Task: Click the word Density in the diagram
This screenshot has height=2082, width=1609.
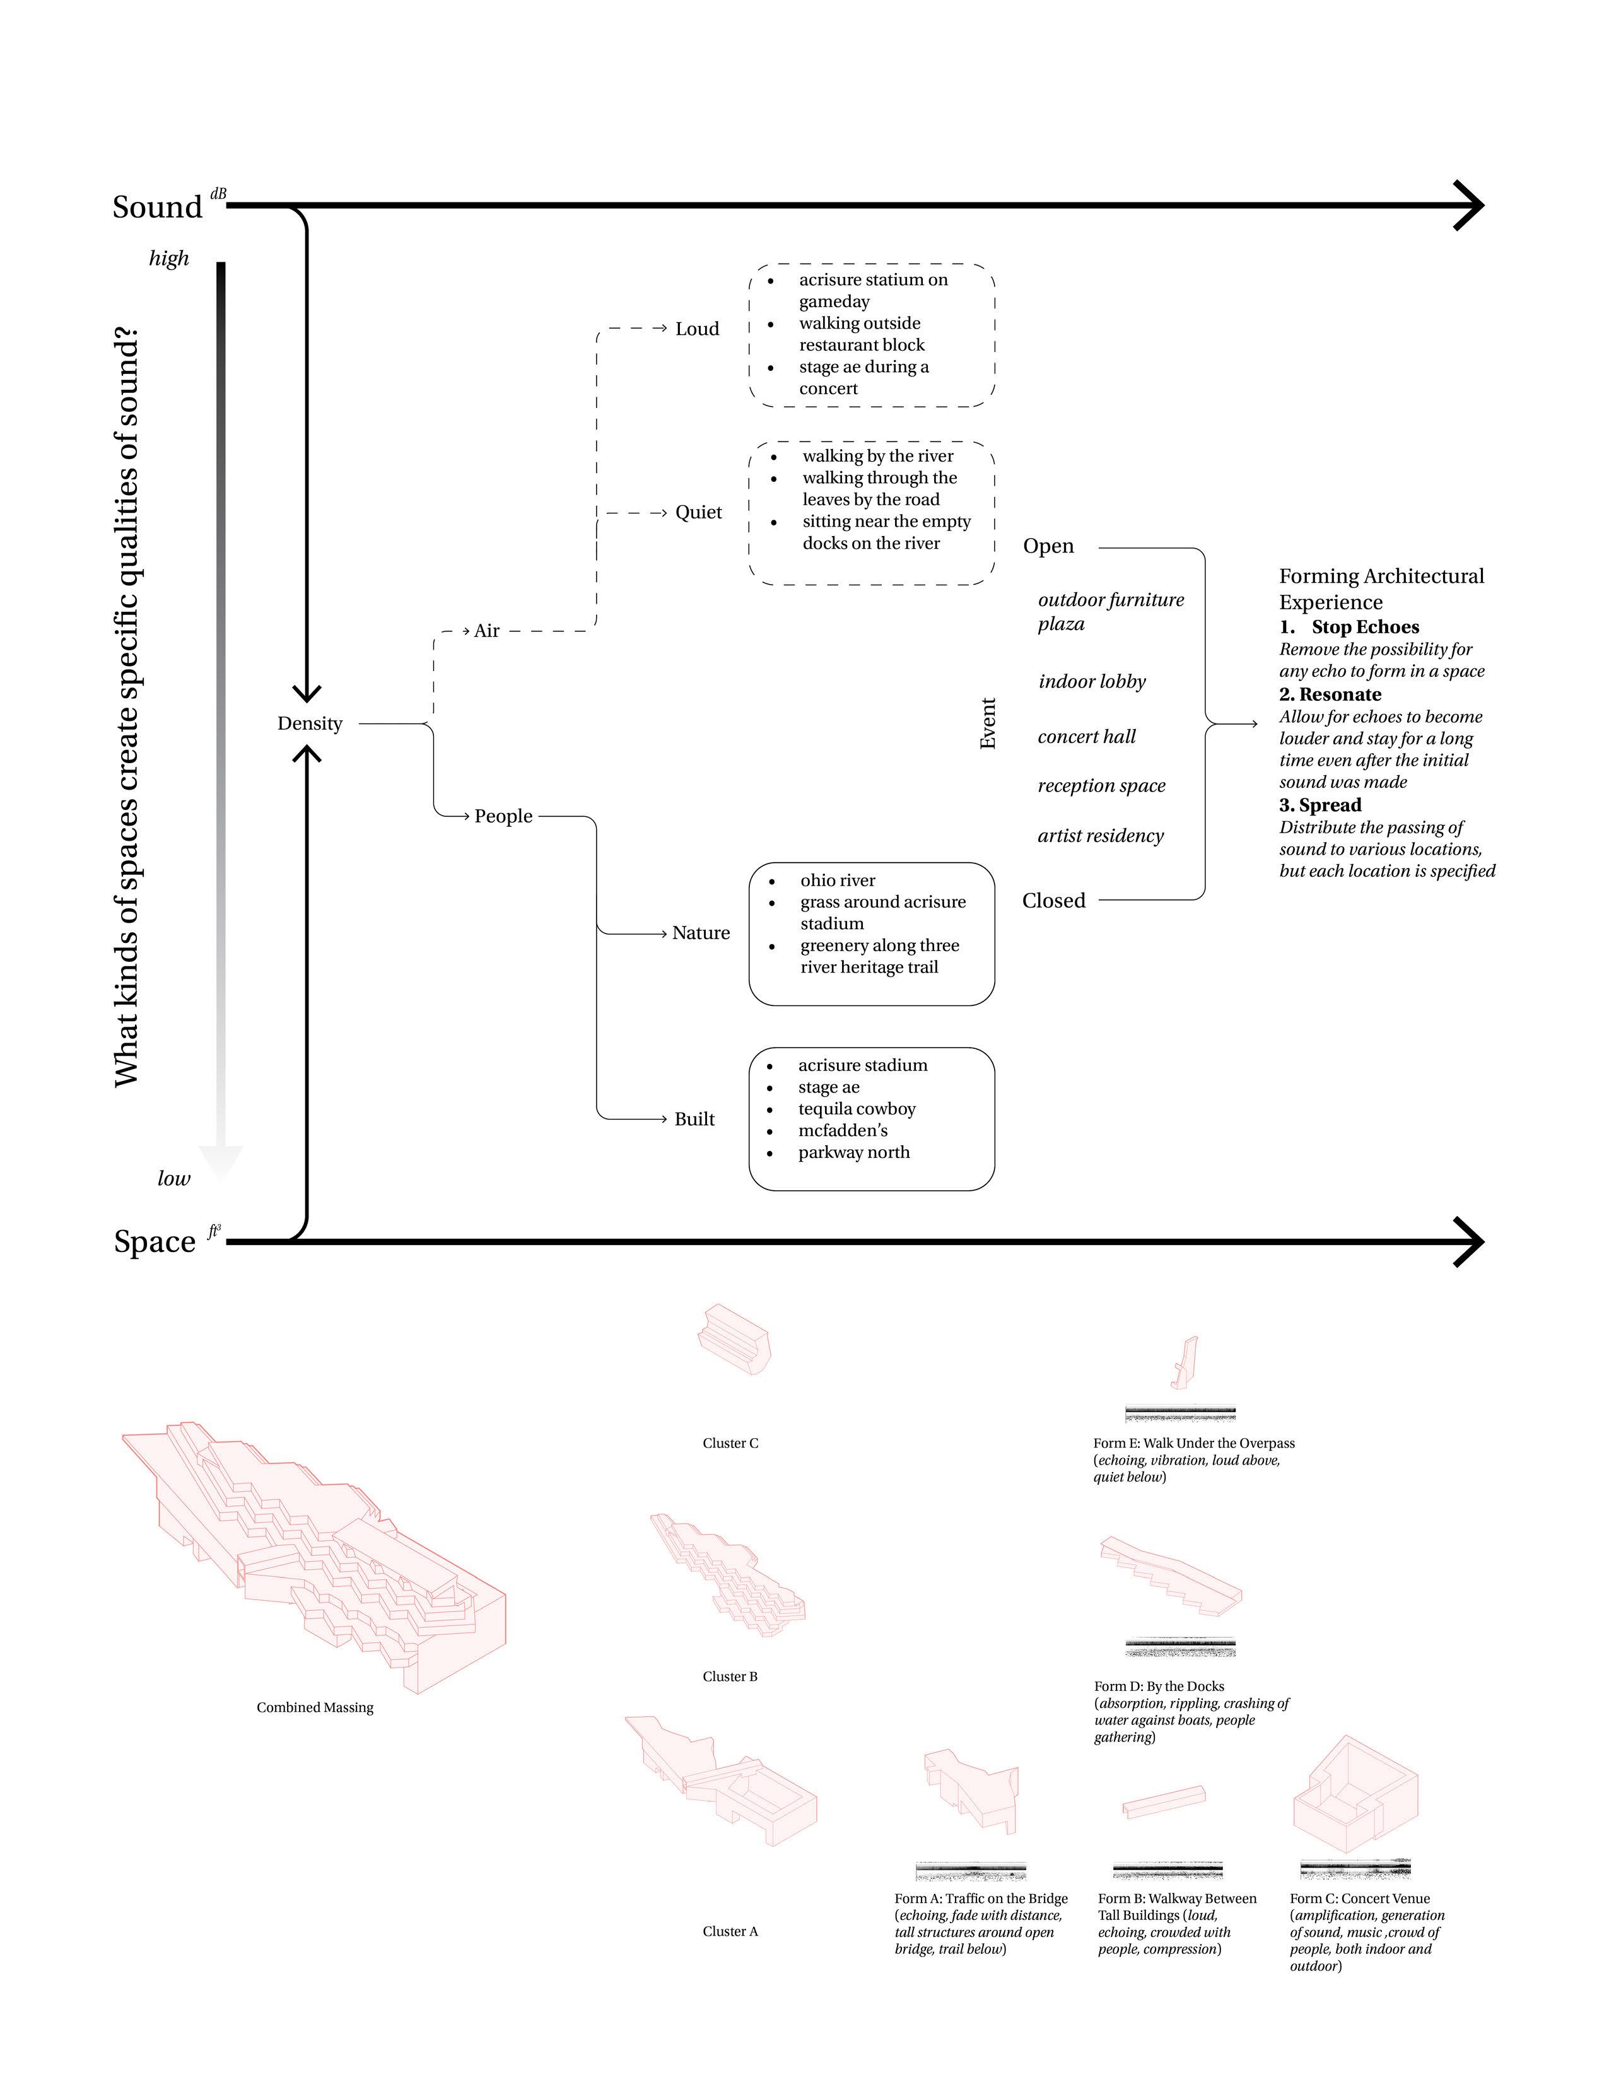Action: pyautogui.click(x=309, y=723)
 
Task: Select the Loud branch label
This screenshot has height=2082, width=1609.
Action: pyautogui.click(x=697, y=329)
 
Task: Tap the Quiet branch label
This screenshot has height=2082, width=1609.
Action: pyautogui.click(x=699, y=512)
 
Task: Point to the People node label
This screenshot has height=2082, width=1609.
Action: pyautogui.click(x=503, y=816)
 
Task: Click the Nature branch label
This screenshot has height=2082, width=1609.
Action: pyautogui.click(x=701, y=932)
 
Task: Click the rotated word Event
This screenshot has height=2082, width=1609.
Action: pyautogui.click(x=988, y=723)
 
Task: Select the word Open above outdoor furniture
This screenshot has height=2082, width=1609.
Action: pyautogui.click(x=1048, y=546)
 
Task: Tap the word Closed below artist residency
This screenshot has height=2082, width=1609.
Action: pyautogui.click(x=1053, y=901)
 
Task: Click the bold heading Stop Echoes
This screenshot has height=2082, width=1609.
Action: pyautogui.click(x=1365, y=628)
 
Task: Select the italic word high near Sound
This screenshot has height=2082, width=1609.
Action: pyautogui.click(x=168, y=259)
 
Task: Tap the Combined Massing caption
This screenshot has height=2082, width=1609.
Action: pyautogui.click(x=315, y=1707)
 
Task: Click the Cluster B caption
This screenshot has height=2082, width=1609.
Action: pyautogui.click(x=730, y=1676)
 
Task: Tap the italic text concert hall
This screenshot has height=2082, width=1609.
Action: pyautogui.click(x=1087, y=737)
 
